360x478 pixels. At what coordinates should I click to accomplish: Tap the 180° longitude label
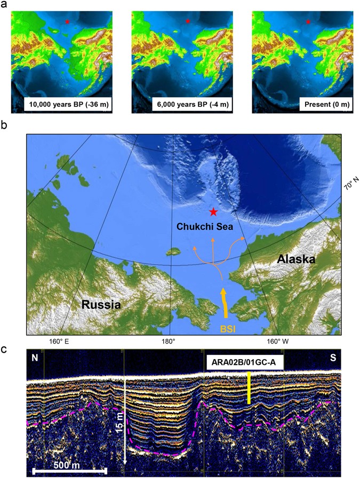tap(169, 341)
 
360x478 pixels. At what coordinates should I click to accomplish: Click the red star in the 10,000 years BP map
tap(67, 21)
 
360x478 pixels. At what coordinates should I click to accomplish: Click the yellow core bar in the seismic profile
tap(249, 386)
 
